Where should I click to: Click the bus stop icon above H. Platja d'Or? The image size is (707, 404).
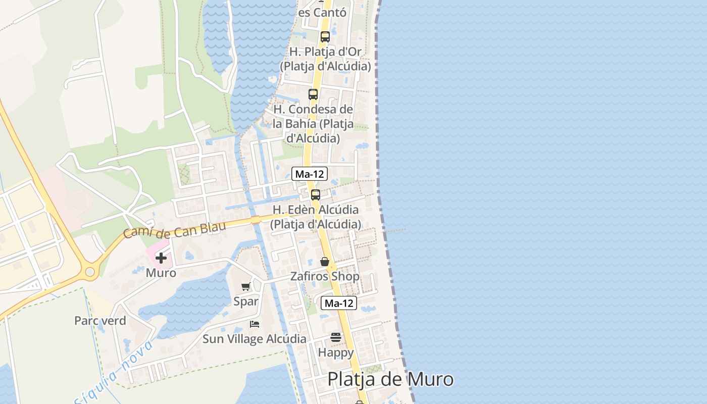(x=325, y=37)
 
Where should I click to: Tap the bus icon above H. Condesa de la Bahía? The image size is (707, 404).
(x=313, y=94)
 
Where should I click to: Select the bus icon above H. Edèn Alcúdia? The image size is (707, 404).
(x=316, y=195)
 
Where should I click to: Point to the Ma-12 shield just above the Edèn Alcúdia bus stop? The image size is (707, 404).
(x=310, y=174)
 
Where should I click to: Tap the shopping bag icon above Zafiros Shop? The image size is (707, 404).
(x=325, y=262)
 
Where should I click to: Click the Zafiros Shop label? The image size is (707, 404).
(x=325, y=276)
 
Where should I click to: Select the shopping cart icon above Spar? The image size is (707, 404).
(x=246, y=287)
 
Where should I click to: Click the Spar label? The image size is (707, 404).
(x=246, y=301)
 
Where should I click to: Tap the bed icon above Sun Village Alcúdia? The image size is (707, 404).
(x=255, y=324)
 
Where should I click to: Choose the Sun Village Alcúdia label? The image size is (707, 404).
(x=255, y=339)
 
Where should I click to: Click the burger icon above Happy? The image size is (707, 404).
(x=336, y=337)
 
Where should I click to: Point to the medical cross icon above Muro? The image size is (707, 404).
(x=161, y=258)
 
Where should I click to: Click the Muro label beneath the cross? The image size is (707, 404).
(x=161, y=273)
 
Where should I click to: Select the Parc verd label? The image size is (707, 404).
(x=100, y=321)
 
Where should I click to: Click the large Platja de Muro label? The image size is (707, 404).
(x=390, y=379)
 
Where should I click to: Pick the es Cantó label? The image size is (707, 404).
(x=323, y=12)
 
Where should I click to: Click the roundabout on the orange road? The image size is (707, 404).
(x=90, y=272)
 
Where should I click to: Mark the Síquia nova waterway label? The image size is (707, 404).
(x=114, y=374)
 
